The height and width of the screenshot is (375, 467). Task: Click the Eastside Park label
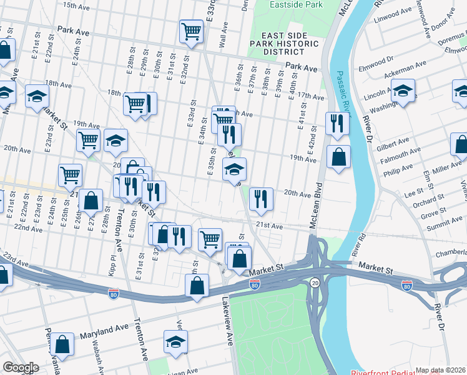click(x=296, y=4)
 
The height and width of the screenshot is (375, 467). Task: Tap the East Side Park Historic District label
click(x=291, y=44)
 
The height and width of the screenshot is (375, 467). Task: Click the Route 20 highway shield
click(x=315, y=283)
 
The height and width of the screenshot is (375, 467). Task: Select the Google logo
click(x=21, y=367)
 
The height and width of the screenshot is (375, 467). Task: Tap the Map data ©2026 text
click(x=441, y=370)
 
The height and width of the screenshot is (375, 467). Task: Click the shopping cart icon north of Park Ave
click(x=192, y=31)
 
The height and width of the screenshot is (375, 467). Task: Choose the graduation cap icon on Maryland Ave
click(x=176, y=341)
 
